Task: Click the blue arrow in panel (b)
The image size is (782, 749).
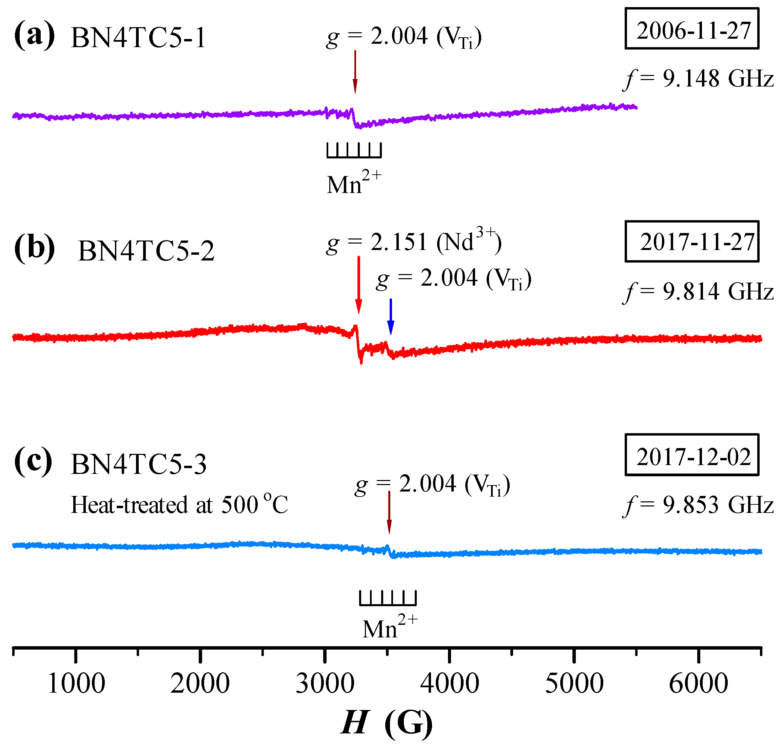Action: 391,316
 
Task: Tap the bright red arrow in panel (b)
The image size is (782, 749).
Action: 358,285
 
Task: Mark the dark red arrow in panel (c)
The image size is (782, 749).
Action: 389,512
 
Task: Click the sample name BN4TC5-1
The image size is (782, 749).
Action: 138,38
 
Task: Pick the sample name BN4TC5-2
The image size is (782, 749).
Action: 146,251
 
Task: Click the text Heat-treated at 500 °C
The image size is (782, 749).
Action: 179,504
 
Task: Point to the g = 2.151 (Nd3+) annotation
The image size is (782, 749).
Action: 413,242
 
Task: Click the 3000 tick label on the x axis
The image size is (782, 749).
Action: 325,684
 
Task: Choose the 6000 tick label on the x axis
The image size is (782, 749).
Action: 698,684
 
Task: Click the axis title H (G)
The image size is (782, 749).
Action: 387,722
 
